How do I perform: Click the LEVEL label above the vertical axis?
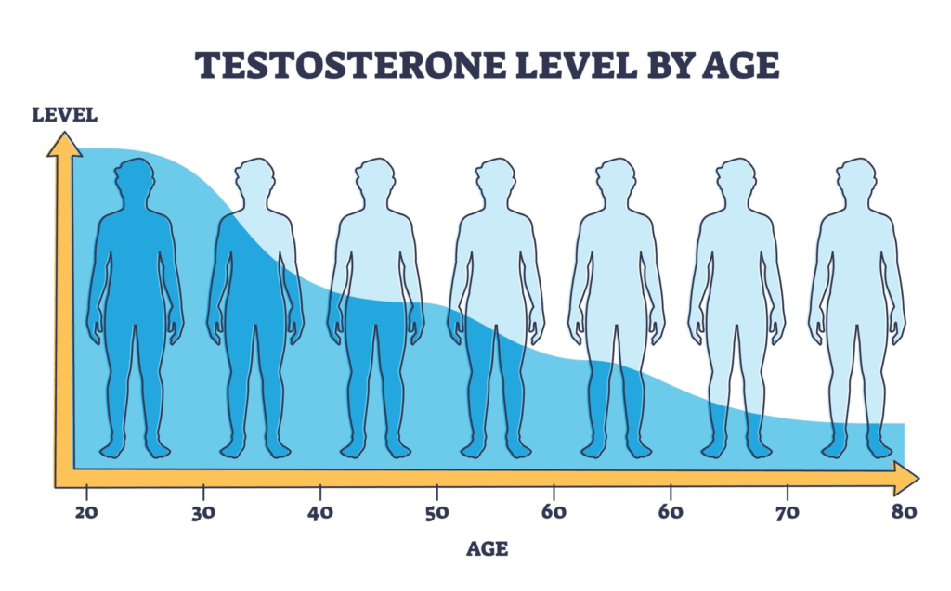pyautogui.click(x=64, y=116)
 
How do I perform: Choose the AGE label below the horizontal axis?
pyautogui.click(x=487, y=548)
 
